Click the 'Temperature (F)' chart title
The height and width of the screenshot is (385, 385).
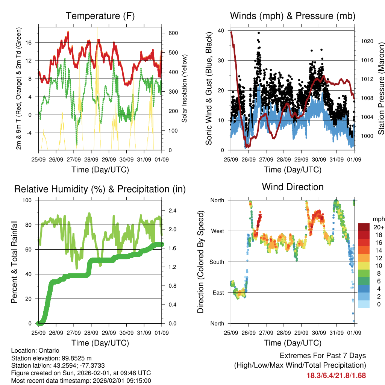coord(100,16)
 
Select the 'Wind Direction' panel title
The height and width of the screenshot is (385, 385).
coord(293,186)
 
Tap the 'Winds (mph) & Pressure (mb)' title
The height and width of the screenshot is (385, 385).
coord(293,16)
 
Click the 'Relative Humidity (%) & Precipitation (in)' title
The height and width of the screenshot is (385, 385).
coord(100,189)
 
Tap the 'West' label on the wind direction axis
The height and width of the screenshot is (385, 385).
coord(217,231)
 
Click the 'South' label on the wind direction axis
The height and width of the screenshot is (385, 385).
coord(217,262)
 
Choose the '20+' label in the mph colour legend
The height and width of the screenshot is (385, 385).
coord(378,227)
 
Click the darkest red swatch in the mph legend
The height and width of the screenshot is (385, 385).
coord(364,227)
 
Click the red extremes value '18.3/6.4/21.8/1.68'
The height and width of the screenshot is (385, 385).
coord(336,375)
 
